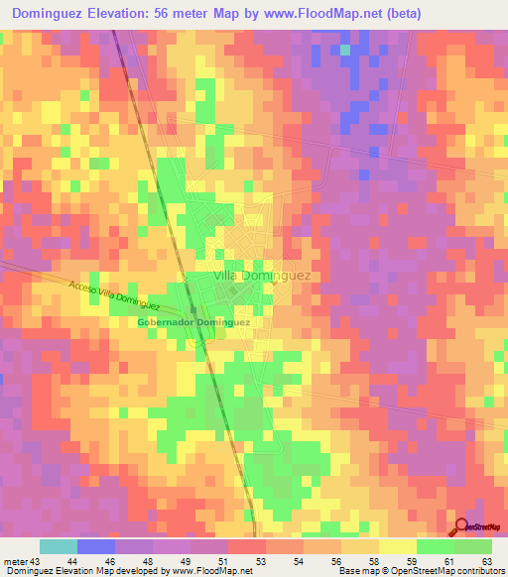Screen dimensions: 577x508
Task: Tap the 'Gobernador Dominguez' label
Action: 192,322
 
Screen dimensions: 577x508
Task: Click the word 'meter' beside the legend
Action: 14,561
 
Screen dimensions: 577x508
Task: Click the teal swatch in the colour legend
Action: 58,546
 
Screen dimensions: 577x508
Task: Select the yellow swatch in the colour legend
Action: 397,546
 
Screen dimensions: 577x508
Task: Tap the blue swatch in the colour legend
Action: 95,546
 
